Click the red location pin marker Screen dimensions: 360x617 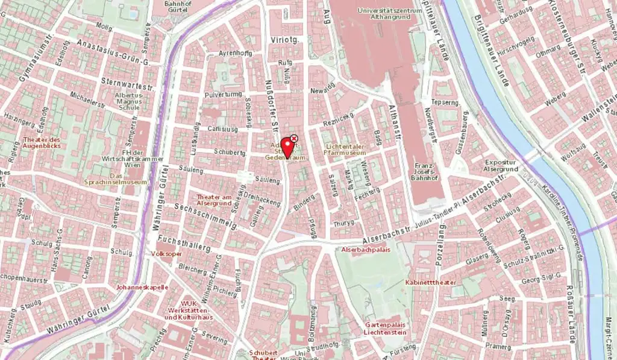click(288, 147)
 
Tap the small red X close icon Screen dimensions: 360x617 click(294, 138)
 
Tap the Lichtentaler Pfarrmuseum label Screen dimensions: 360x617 click(345, 150)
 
